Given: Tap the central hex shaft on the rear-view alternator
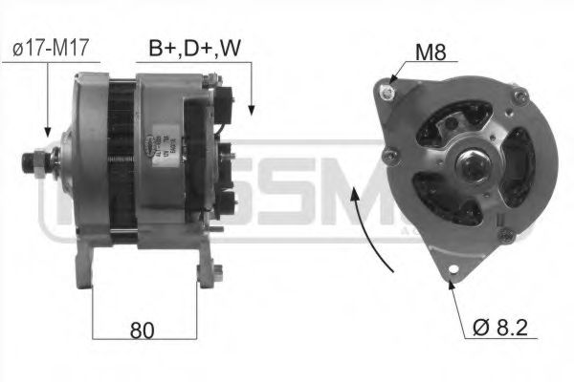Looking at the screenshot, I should click(x=471, y=168).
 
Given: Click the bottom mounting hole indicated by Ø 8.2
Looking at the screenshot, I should click(x=451, y=280).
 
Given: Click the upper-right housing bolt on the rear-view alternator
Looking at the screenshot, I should click(x=520, y=95).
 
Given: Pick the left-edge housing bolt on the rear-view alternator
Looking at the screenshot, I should click(x=386, y=154).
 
